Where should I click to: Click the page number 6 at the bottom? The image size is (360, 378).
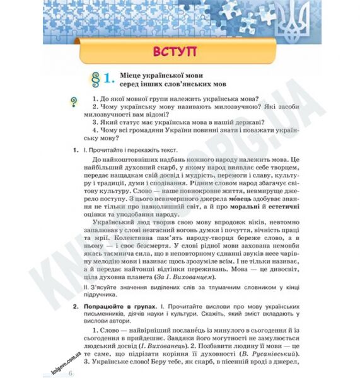(x=71, y=373)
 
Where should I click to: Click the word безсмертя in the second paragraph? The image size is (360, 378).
(x=155, y=249)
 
